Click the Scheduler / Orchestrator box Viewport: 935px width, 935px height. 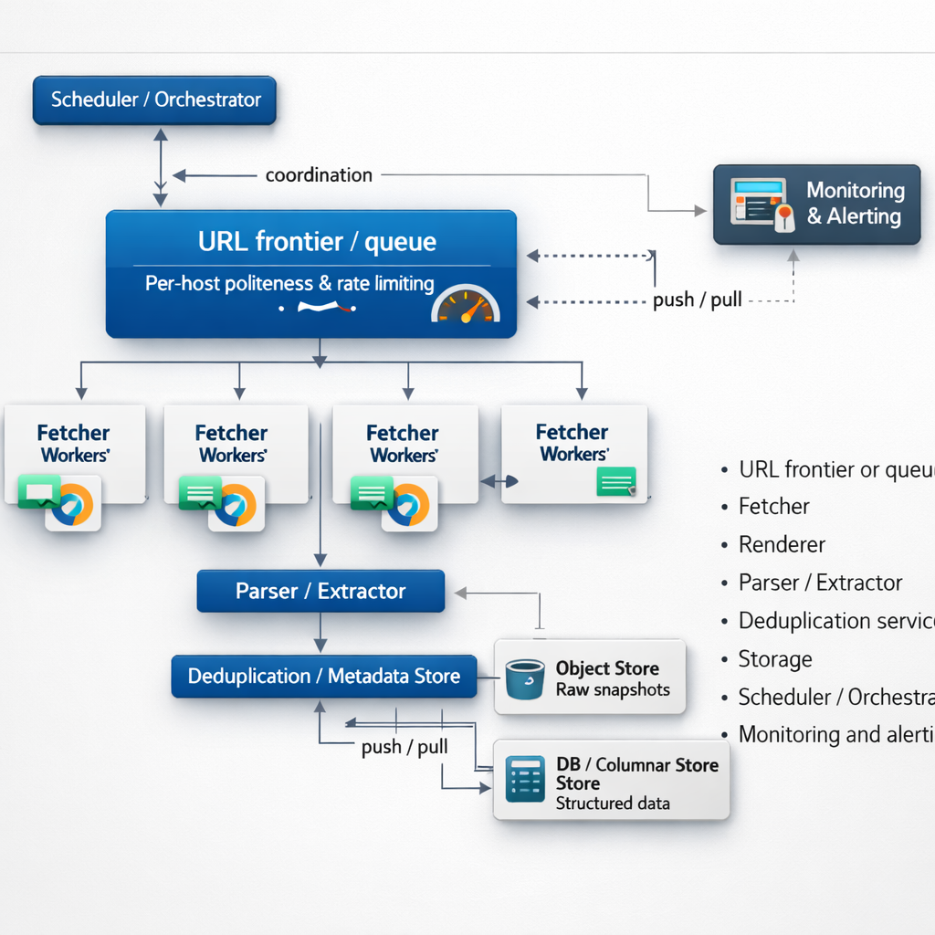[154, 100]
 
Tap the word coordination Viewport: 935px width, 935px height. [319, 174]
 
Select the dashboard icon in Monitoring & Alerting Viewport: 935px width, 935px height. [758, 203]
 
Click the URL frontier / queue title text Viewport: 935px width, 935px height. [317, 242]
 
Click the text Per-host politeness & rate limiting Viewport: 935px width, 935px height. [289, 284]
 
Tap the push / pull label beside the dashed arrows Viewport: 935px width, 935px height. [697, 299]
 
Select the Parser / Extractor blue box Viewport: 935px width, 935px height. [320, 592]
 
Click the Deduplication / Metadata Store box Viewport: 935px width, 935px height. [323, 677]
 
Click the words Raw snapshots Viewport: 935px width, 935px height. [613, 690]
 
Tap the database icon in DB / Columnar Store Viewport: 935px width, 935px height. [524, 779]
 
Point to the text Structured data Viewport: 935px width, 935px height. [613, 804]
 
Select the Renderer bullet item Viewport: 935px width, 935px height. [782, 545]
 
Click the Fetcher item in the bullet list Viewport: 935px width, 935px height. [774, 507]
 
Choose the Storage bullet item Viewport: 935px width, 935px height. [775, 659]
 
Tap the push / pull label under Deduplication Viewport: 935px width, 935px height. [404, 747]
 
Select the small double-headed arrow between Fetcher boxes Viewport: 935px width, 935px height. [499, 479]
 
